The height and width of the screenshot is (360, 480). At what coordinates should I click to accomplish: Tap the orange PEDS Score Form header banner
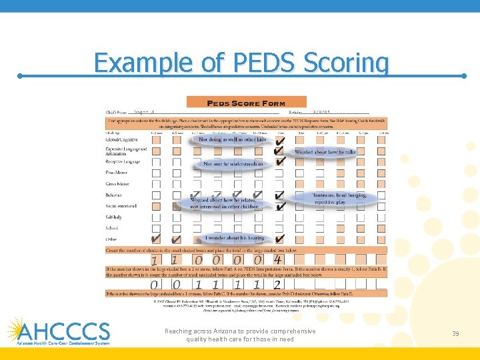(247, 103)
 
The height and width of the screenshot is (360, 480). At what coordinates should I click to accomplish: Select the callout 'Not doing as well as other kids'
(232, 139)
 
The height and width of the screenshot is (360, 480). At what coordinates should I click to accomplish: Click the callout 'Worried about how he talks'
(325, 152)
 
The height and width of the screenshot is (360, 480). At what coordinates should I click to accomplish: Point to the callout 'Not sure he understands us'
(233, 163)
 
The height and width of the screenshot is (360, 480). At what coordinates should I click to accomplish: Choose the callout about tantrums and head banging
(339, 198)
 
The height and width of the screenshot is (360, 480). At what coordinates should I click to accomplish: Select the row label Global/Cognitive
(123, 140)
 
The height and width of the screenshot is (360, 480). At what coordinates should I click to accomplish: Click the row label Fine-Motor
(117, 173)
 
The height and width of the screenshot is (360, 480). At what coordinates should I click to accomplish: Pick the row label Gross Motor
(118, 184)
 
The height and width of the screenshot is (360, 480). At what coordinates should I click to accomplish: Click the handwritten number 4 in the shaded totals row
(278, 259)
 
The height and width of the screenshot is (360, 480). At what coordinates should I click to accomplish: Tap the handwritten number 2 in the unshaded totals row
(277, 285)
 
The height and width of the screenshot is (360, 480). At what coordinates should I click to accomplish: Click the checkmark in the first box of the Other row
(155, 238)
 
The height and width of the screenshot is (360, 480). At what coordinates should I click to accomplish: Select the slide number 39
(455, 333)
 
